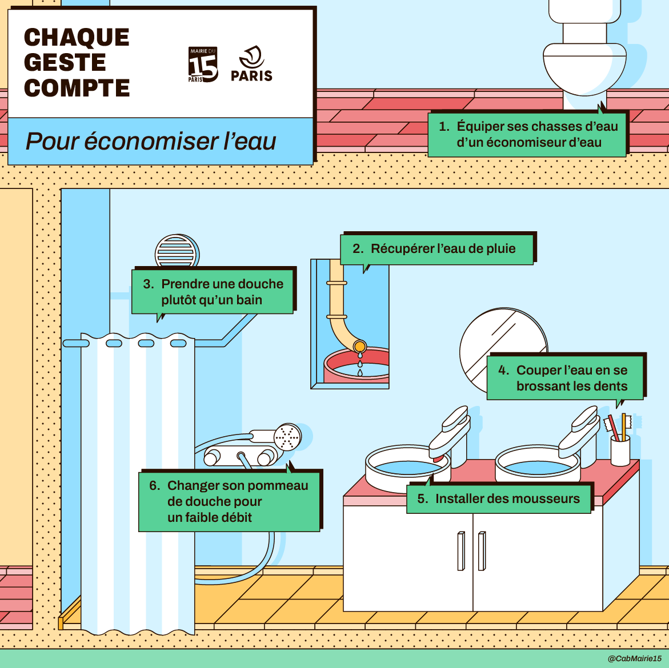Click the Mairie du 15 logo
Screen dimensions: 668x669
203,65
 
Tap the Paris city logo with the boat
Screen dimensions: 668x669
251,63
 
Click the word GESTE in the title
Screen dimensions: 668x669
65,62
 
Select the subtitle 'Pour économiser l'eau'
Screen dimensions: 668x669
151,141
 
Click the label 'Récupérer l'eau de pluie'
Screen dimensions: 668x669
436,249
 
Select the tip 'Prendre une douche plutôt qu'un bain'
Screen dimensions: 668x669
213,292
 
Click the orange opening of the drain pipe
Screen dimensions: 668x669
359,346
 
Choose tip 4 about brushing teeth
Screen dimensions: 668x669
565,378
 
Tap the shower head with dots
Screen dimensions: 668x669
287,437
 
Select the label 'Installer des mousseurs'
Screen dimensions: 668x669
499,499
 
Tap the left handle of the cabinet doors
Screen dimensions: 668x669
461,551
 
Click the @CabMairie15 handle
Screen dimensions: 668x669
634,659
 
